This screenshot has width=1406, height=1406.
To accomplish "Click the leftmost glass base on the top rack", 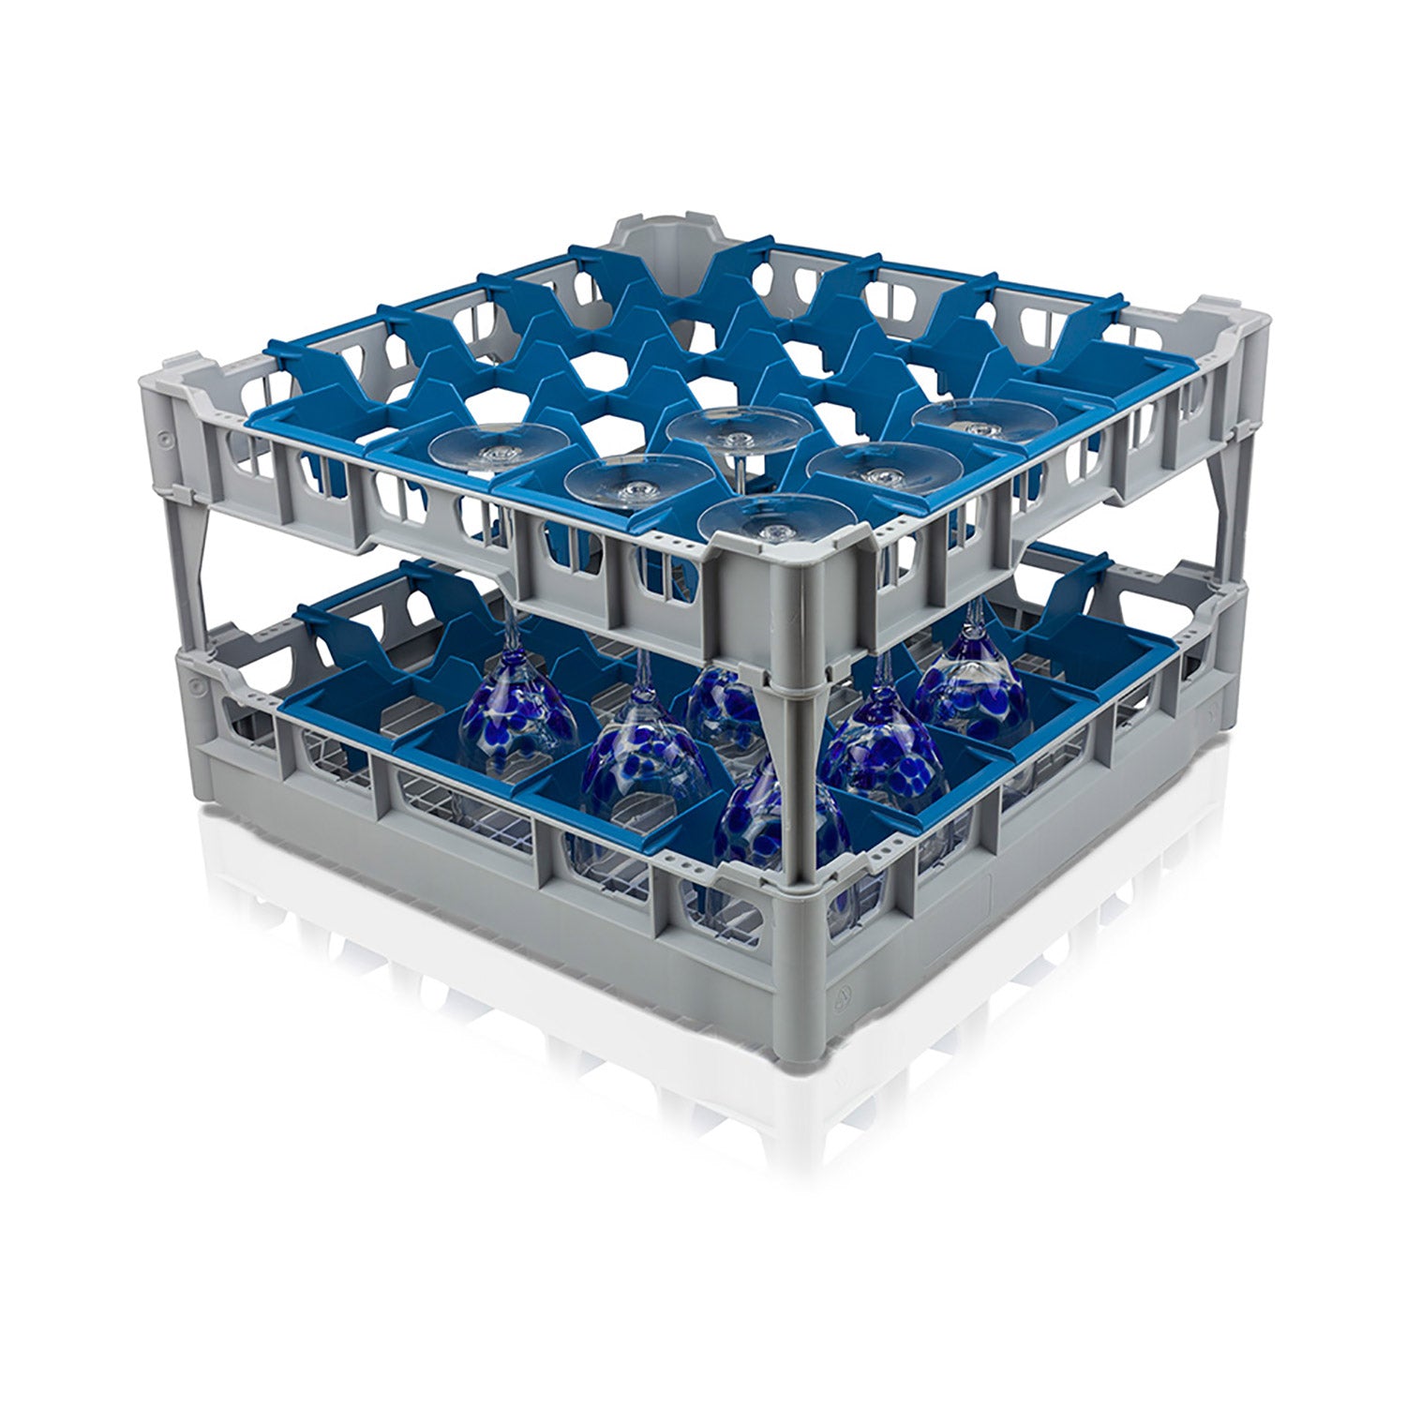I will tap(495, 445).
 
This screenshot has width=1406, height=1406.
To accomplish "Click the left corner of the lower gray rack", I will tap(192, 712).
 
